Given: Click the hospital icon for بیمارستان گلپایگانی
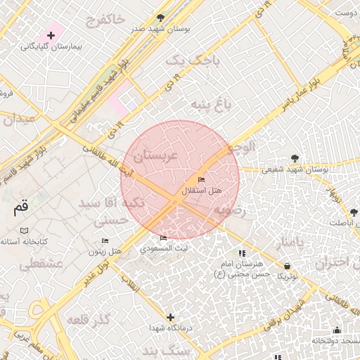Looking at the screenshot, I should coord(51,35).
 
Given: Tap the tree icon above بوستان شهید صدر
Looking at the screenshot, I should coord(161,18).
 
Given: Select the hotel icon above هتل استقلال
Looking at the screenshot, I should coord(202,180).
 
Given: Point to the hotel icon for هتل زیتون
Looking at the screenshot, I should coord(105,240).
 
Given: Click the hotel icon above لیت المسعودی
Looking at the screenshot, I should coord(164,238).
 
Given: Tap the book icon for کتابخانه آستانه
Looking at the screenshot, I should coord(25,231).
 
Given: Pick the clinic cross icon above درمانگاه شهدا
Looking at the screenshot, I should coord(169,317).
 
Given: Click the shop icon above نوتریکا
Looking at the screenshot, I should coord(287,265).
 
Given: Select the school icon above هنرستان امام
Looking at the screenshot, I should coord(242,253).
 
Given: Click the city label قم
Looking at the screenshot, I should coord(21,208).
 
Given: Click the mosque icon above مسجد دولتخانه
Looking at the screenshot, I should coord(337,330).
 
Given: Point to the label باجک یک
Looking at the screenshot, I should coord(192,61).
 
